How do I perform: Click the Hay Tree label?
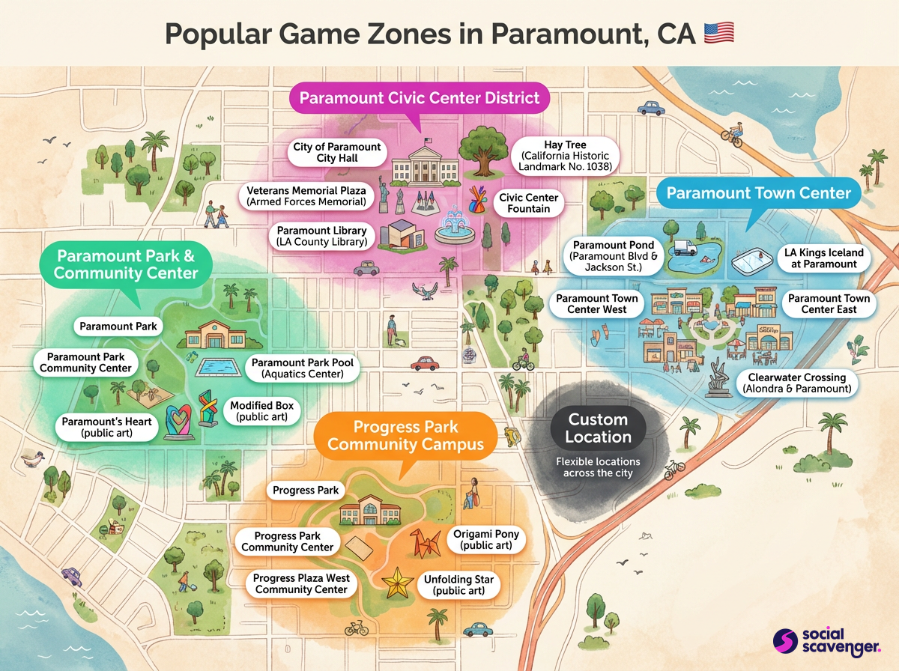[566, 155]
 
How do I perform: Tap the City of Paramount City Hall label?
[336, 153]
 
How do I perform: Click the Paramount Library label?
[321, 236]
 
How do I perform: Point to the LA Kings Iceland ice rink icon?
[752, 261]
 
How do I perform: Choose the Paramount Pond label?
[614, 256]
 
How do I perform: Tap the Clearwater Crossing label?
[796, 383]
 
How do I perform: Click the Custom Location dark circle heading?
[598, 428]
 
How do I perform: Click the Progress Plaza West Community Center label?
[301, 584]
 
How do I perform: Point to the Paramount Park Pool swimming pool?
[220, 368]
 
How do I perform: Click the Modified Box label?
[261, 411]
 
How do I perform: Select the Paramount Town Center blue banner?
[758, 193]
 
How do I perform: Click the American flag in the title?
[718, 33]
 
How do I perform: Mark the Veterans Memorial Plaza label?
[306, 196]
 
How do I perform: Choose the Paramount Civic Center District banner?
[420, 98]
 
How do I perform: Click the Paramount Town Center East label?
[829, 304]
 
